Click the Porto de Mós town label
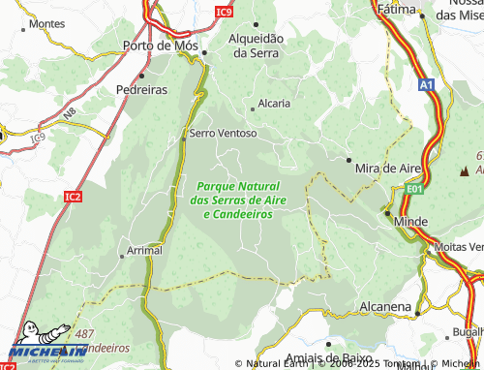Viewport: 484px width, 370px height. click(161, 46)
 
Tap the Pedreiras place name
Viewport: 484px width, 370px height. click(141, 87)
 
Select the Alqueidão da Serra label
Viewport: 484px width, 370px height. click(256, 46)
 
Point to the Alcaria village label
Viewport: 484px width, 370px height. click(272, 104)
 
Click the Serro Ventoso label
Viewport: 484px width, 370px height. click(224, 133)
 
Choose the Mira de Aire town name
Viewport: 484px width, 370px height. click(389, 168)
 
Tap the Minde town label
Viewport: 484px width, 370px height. click(411, 222)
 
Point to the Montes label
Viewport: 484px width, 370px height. click(47, 23)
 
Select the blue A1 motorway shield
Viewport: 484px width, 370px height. click(427, 85)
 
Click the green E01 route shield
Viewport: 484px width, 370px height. click(414, 189)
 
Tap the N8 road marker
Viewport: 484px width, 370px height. click(70, 114)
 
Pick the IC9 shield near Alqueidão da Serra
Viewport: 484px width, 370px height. click(225, 12)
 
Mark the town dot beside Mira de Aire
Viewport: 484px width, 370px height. click(348, 159)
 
